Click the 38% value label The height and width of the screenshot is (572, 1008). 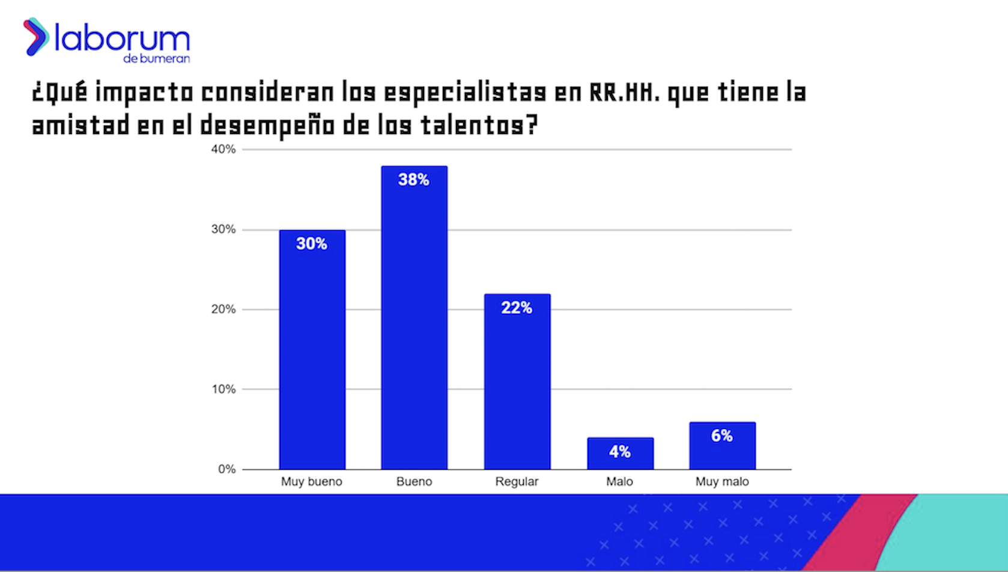tap(414, 180)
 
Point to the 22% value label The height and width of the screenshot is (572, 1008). tap(517, 308)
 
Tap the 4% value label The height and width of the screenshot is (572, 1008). tap(620, 452)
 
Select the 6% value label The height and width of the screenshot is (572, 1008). tap(722, 436)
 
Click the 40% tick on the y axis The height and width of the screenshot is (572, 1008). tap(223, 149)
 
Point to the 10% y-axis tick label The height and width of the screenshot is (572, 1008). tap(223, 389)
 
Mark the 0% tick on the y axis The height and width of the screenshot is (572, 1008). tap(226, 469)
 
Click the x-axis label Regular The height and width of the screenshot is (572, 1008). tap(517, 481)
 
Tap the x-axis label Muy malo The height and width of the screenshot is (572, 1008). tap(722, 481)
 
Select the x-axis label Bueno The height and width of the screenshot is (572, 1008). tap(414, 481)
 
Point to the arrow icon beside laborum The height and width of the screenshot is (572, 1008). tap(35, 37)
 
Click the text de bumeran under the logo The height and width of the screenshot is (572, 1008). tap(156, 59)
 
